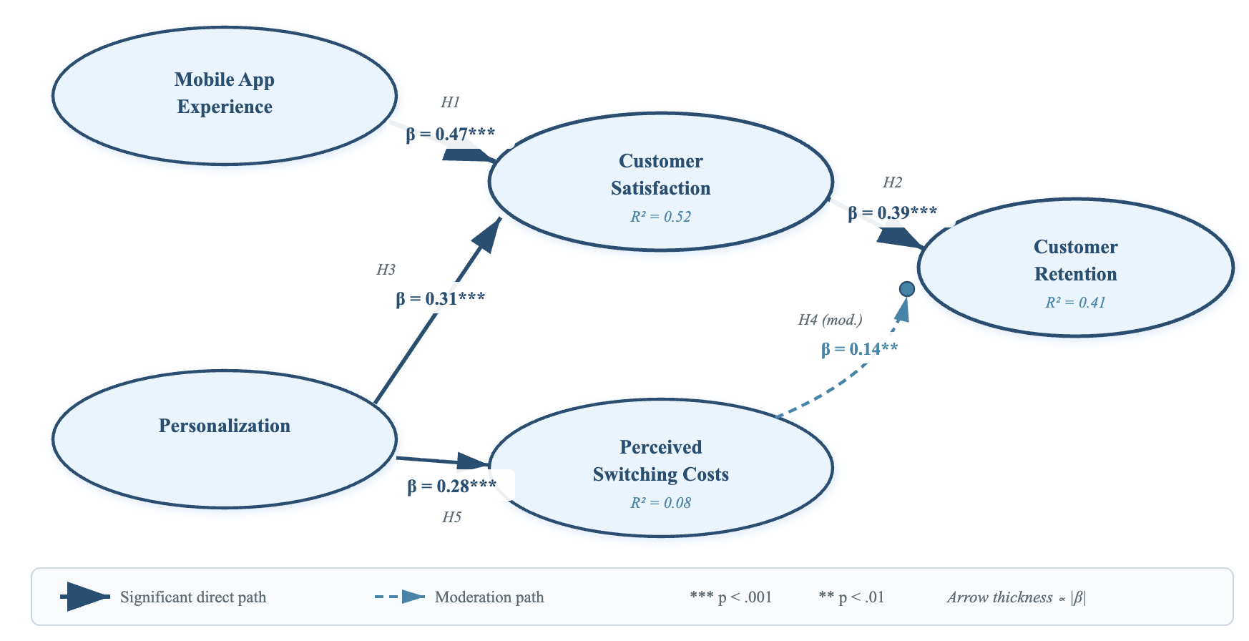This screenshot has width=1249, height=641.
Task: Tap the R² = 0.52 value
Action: (x=660, y=217)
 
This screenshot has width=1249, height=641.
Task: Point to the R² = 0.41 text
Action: (x=1075, y=303)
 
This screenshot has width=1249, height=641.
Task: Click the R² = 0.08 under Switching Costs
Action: (x=660, y=503)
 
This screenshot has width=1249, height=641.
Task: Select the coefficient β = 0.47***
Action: (x=451, y=134)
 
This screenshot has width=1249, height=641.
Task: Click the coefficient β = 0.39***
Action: (x=892, y=212)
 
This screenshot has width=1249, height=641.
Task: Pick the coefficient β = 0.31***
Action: (x=440, y=298)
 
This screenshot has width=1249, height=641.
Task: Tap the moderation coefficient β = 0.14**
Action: (x=859, y=349)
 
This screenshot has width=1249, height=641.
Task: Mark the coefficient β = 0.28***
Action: (x=451, y=486)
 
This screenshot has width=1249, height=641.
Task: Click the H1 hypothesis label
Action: (x=450, y=102)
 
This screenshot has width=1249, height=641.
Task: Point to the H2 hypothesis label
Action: (x=892, y=182)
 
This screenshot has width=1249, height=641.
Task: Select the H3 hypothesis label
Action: (x=386, y=270)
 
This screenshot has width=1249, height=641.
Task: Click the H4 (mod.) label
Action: (x=830, y=320)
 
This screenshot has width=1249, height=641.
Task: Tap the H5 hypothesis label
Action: (x=451, y=517)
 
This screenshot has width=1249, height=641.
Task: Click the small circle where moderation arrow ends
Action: (x=906, y=289)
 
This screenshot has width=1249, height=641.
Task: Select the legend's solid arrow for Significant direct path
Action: (x=86, y=597)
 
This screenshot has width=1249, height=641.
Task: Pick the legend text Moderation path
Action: (x=489, y=597)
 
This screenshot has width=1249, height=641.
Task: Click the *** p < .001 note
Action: (x=730, y=597)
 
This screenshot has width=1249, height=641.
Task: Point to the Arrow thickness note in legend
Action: (x=1016, y=597)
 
